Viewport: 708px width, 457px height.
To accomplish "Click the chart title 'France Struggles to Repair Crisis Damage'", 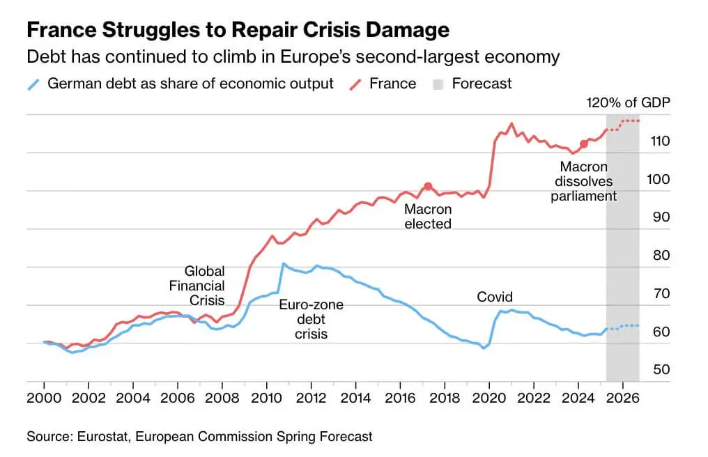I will click(x=238, y=30).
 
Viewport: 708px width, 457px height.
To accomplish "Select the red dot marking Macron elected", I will click(x=428, y=187).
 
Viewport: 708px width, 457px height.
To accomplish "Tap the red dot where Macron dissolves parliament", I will click(x=584, y=144).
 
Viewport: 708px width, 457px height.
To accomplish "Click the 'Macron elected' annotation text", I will click(x=428, y=217).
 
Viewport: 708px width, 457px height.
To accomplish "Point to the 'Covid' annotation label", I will click(x=495, y=297).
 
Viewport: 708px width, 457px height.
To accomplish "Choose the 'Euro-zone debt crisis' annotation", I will click(x=311, y=319).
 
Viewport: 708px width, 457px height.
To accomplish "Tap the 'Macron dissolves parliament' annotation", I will click(x=584, y=181).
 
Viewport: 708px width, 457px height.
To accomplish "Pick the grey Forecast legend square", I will click(x=438, y=84).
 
